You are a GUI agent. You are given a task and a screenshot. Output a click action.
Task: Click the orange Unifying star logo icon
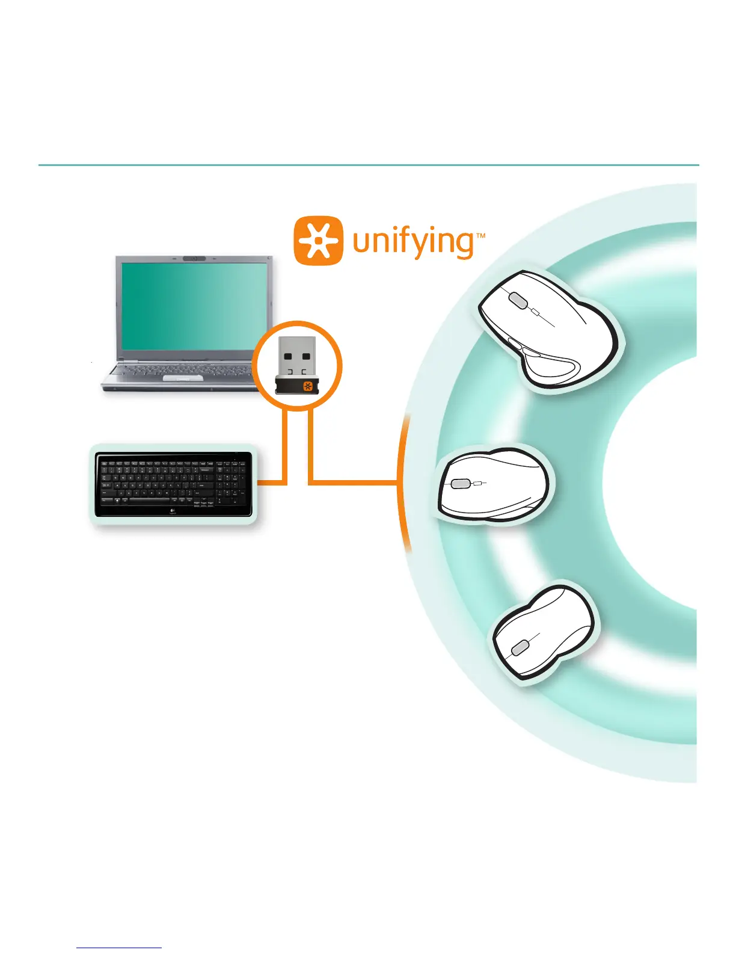click(x=319, y=241)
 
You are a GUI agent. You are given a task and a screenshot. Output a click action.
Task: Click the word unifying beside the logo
click(x=414, y=242)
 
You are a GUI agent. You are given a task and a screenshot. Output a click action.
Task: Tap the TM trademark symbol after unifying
click(x=480, y=236)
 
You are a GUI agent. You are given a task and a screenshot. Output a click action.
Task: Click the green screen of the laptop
click(x=192, y=306)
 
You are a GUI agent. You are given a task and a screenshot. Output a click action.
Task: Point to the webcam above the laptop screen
click(x=194, y=259)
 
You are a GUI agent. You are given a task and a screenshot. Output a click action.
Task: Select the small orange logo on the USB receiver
click(x=308, y=386)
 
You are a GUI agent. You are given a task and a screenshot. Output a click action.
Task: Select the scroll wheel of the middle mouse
click(x=461, y=483)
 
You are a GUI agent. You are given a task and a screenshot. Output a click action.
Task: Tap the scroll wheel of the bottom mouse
click(x=520, y=647)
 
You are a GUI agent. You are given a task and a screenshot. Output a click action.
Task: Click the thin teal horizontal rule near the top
click(x=368, y=165)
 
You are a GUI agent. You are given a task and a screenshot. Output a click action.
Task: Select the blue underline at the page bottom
click(x=119, y=948)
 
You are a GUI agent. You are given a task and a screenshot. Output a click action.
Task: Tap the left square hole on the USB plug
click(x=288, y=357)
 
